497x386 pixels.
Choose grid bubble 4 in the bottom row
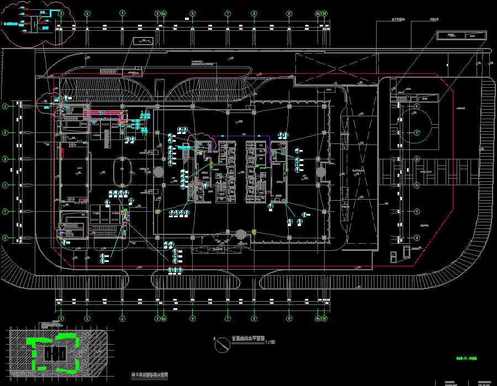121,318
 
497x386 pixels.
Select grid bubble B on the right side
417,211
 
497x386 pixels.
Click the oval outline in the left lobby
121,172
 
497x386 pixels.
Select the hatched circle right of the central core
321,172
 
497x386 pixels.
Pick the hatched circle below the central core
241,236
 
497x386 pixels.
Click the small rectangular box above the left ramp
146,41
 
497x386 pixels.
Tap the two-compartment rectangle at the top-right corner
461,35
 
